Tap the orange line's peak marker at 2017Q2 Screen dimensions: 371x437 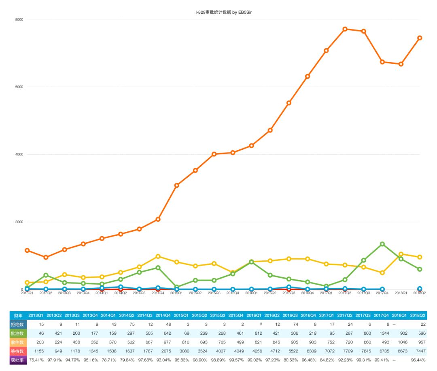(x=345, y=29)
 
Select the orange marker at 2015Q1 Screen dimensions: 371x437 (x=176, y=185)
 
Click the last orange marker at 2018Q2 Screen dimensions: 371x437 (x=420, y=38)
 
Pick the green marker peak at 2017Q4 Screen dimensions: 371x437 (x=382, y=244)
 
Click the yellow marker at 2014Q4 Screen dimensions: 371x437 (x=158, y=256)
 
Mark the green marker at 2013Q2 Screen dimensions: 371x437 (x=46, y=275)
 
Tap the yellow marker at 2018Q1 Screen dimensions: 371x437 (x=401, y=254)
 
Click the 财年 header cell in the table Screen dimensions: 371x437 (x=18, y=315)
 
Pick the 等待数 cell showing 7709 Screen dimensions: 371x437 (x=345, y=351)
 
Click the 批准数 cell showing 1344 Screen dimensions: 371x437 (x=381, y=333)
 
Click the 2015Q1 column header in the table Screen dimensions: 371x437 (x=181, y=315)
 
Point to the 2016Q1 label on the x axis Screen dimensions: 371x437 (x=251, y=293)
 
